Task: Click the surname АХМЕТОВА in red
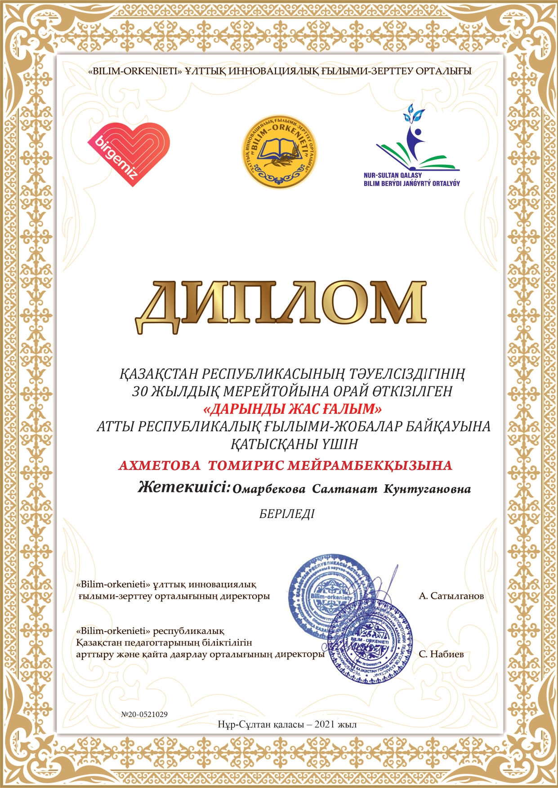point(159,465)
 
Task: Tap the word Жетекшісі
point(184,487)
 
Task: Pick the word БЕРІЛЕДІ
point(287,514)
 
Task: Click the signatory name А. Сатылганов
point(451,596)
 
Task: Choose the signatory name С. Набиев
point(441,654)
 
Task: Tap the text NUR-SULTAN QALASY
point(393,175)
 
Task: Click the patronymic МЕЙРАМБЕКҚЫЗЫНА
point(370,465)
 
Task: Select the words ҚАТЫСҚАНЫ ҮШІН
point(294,444)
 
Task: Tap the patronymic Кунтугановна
point(427,489)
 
